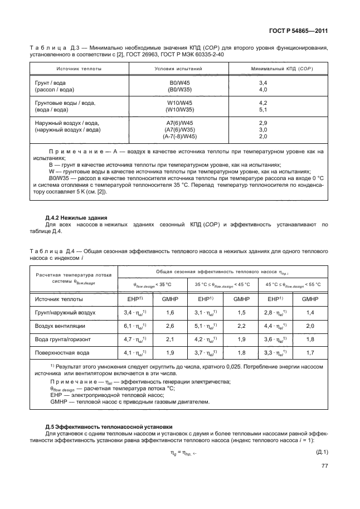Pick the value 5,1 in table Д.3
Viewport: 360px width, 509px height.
pos(264,110)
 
